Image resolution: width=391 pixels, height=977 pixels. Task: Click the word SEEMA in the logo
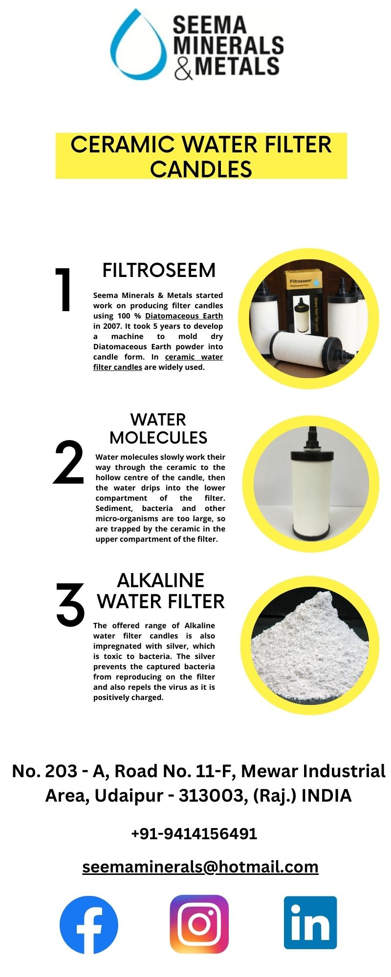click(x=209, y=25)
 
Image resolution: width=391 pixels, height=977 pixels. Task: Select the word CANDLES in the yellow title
click(x=201, y=169)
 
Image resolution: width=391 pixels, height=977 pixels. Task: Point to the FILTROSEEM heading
click(x=159, y=270)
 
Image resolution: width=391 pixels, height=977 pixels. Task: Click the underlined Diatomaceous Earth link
click(x=184, y=316)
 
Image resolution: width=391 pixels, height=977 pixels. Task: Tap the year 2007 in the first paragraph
click(x=111, y=326)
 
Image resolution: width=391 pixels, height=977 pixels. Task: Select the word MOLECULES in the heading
click(x=158, y=438)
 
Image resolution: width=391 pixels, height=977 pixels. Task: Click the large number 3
click(x=70, y=605)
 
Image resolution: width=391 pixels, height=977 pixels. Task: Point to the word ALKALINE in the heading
click(x=160, y=580)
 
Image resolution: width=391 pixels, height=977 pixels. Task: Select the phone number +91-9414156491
click(x=194, y=833)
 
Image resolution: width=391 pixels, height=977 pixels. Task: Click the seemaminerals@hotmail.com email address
click(x=200, y=867)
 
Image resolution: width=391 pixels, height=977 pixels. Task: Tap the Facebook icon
click(x=89, y=925)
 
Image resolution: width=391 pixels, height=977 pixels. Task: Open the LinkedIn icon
click(x=310, y=923)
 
